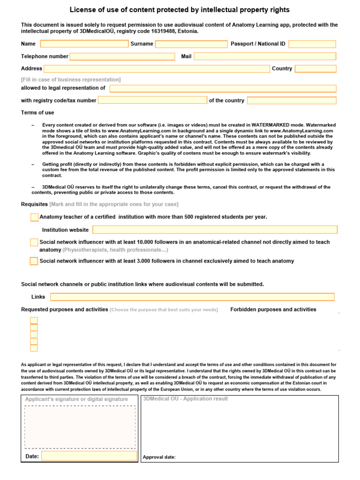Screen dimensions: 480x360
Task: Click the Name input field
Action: point(84,44)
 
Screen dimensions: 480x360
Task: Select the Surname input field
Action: point(191,44)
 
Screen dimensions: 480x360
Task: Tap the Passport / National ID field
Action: point(312,44)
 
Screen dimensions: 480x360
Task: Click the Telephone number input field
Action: point(122,57)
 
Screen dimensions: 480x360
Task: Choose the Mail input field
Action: point(265,57)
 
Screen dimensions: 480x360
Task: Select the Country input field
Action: point(315,69)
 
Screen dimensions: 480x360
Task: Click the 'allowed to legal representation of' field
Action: point(223,89)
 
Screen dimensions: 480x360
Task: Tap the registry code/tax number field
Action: point(152,100)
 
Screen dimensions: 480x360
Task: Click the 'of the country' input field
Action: point(292,100)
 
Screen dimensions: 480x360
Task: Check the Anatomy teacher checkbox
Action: point(34,217)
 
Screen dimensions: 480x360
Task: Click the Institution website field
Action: point(215,230)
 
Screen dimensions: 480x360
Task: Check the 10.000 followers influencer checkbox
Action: point(34,242)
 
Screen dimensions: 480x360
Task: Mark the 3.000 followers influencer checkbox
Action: point(34,262)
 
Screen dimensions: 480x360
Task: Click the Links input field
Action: point(192,297)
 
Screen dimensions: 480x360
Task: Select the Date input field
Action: point(89,456)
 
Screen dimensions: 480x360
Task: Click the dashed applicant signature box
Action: point(80,427)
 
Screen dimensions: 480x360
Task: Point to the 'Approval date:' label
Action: point(159,457)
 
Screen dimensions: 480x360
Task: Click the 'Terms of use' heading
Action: point(37,112)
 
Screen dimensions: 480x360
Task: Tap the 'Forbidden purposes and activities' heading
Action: point(273,309)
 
